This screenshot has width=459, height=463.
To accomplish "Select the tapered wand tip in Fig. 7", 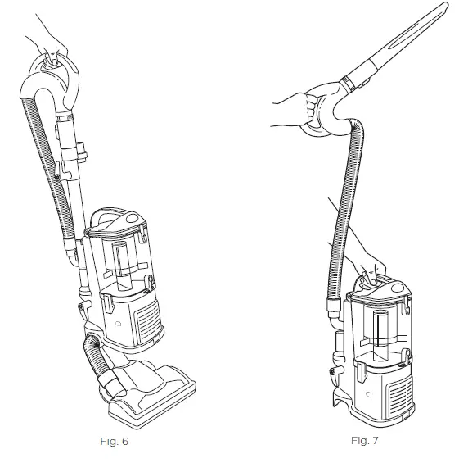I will pos(409,41).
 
